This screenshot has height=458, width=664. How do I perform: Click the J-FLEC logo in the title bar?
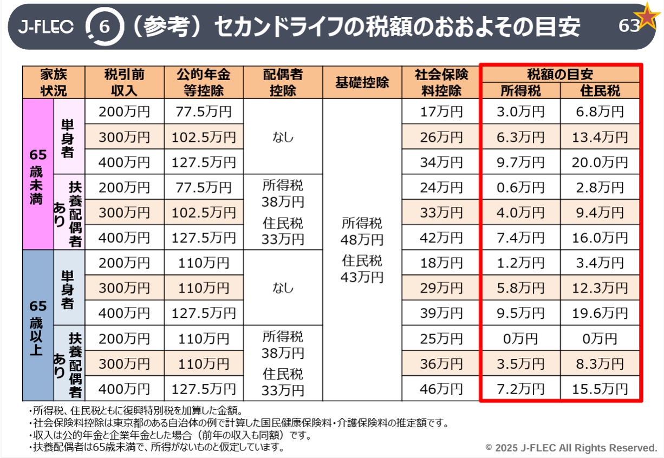pos(45,27)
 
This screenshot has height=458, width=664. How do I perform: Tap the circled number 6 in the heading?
pos(102,27)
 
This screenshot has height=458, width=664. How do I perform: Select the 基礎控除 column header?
pos(362,82)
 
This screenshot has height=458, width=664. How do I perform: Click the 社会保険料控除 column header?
pos(441,82)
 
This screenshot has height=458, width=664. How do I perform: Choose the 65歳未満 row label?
pos(38,174)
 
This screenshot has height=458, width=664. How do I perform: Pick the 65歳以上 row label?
pos(38,325)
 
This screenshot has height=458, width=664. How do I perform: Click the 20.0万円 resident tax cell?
pos(600,162)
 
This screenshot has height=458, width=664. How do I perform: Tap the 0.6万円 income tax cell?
pos(520,187)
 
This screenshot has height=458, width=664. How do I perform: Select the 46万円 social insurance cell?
pos(441,389)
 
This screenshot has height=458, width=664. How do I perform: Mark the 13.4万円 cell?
pos(600,137)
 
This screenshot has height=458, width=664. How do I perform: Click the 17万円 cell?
pos(441,112)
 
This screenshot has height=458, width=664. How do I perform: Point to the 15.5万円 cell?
pos(600,389)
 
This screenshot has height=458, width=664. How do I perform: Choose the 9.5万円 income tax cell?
pos(520,313)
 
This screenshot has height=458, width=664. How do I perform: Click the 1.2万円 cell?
pos(520,263)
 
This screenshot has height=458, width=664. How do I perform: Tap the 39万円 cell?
pos(441,313)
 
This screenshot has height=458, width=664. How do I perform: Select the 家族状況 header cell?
pos(54,82)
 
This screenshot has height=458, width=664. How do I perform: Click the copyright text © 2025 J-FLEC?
pos(571,448)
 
